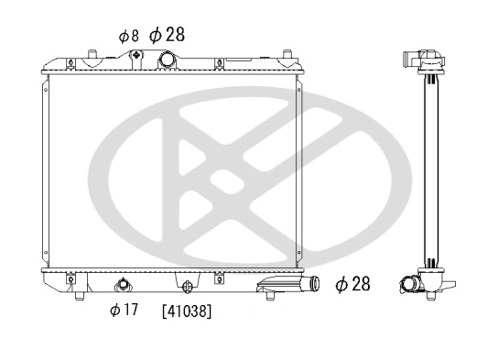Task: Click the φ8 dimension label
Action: coord(128,37)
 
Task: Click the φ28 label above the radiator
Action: coord(167,35)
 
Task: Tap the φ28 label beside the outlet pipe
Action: coord(352,284)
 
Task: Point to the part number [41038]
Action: coord(187,311)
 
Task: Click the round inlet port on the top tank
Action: coord(168,60)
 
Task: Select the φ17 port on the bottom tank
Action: coord(123,283)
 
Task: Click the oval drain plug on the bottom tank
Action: coord(188,283)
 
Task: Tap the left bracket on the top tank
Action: coord(71,63)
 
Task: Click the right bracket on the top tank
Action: coord(219,63)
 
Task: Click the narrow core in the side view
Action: coord(427,174)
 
